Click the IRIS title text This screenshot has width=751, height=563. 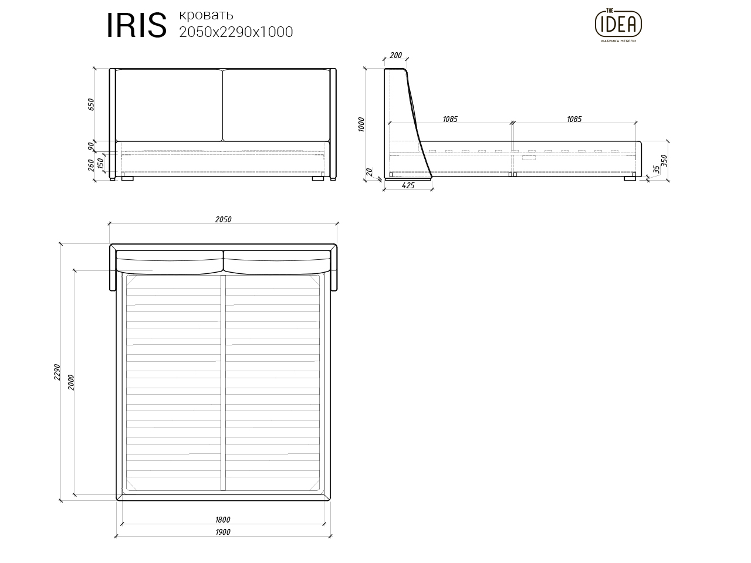[x=136, y=26]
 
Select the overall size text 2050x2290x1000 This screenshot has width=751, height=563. [x=236, y=32]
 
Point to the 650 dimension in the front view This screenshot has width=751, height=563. [x=91, y=104]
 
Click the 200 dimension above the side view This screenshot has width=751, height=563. [x=395, y=56]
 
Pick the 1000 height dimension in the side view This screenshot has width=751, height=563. [x=362, y=124]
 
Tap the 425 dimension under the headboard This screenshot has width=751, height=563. [x=408, y=185]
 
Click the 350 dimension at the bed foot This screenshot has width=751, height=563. [x=665, y=161]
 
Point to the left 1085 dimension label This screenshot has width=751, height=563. [x=450, y=119]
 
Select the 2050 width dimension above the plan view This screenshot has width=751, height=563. [x=223, y=220]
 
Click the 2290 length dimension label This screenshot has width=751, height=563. [x=57, y=372]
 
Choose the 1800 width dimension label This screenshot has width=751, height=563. [x=222, y=519]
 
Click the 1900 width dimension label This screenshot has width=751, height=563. [x=222, y=532]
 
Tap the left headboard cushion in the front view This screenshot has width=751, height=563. [x=169, y=105]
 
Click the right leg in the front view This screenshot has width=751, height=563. [x=318, y=178]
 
